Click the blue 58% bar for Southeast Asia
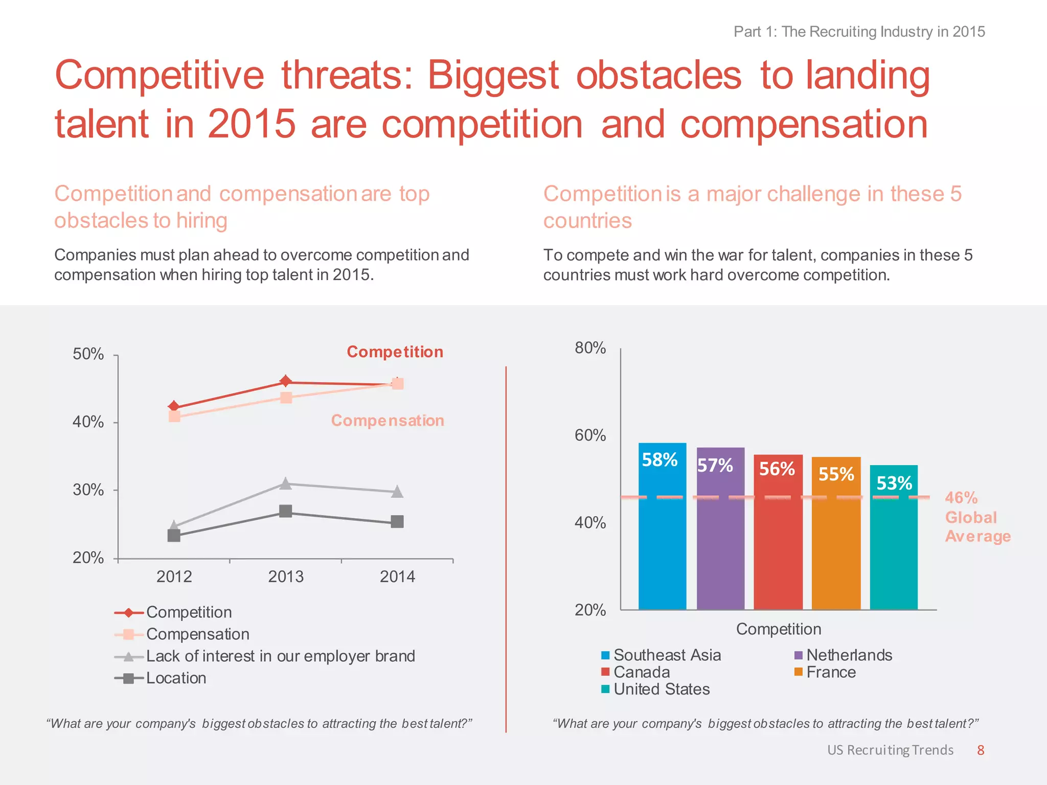point(662,526)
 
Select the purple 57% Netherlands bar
point(720,529)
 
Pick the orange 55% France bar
point(836,534)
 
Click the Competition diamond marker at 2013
point(286,381)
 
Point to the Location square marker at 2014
point(397,522)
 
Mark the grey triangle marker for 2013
point(286,483)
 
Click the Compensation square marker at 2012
point(174,417)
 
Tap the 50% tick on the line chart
point(88,354)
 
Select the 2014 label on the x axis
point(397,576)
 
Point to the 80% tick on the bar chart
point(590,348)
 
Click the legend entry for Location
point(176,678)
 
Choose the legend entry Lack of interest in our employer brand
point(280,656)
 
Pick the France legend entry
point(830,672)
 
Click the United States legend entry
point(661,689)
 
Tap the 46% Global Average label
point(976,517)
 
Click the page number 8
point(980,750)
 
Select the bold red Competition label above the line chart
point(395,352)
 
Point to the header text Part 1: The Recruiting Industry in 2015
point(859,32)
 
